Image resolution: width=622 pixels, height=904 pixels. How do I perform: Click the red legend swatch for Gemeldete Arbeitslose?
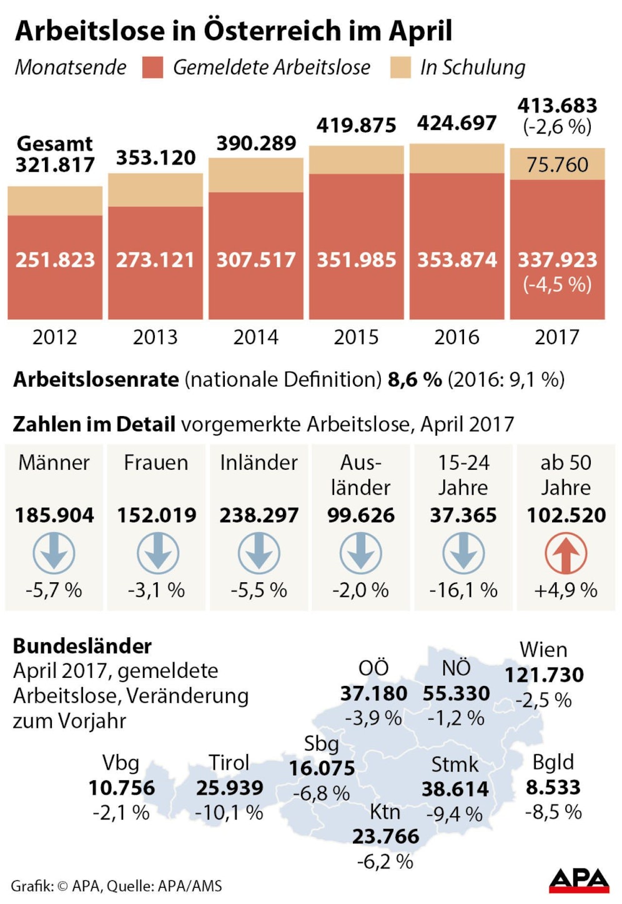point(152,67)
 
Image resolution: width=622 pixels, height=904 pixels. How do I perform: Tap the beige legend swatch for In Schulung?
point(400,67)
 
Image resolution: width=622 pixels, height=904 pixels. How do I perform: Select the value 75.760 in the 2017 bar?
point(557,165)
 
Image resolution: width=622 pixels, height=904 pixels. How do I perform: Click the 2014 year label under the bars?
point(255,337)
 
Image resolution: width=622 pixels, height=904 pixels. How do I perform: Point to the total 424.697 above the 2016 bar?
point(457,123)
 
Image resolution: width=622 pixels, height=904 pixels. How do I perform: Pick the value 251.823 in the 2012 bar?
point(55,260)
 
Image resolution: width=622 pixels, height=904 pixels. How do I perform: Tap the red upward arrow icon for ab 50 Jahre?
point(566,554)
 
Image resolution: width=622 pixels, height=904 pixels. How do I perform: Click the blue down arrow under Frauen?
point(157,554)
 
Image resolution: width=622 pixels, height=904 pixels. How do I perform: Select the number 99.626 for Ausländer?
point(361,515)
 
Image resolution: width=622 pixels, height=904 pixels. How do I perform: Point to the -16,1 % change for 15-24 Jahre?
point(463,590)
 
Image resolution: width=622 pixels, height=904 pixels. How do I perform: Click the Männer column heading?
point(54,463)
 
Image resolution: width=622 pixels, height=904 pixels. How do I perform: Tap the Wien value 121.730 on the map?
point(544,675)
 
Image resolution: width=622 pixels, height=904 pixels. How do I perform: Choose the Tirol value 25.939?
point(229,788)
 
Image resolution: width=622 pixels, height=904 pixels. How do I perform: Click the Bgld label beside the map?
point(553,762)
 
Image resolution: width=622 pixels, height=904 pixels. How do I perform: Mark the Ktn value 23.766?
point(385,837)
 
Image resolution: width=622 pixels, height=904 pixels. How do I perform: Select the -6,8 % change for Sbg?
point(321,793)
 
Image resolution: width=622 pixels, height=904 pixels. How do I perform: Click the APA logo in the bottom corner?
point(579,880)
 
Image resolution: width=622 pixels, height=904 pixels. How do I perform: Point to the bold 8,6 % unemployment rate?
point(415,379)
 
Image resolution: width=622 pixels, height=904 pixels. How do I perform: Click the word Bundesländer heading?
point(82,646)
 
